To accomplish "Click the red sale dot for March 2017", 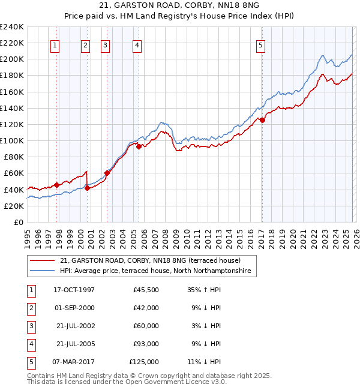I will click(x=262, y=120).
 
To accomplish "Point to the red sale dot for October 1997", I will click(x=56, y=185).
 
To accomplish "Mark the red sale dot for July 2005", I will click(x=139, y=146).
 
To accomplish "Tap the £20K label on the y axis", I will click(x=14, y=206).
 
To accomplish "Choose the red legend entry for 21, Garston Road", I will click(x=150, y=260).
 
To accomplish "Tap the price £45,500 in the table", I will click(x=146, y=289).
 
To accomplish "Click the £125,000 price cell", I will click(x=144, y=362).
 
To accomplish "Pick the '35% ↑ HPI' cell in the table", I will click(x=202, y=289).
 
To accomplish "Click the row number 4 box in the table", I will click(x=29, y=344).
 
